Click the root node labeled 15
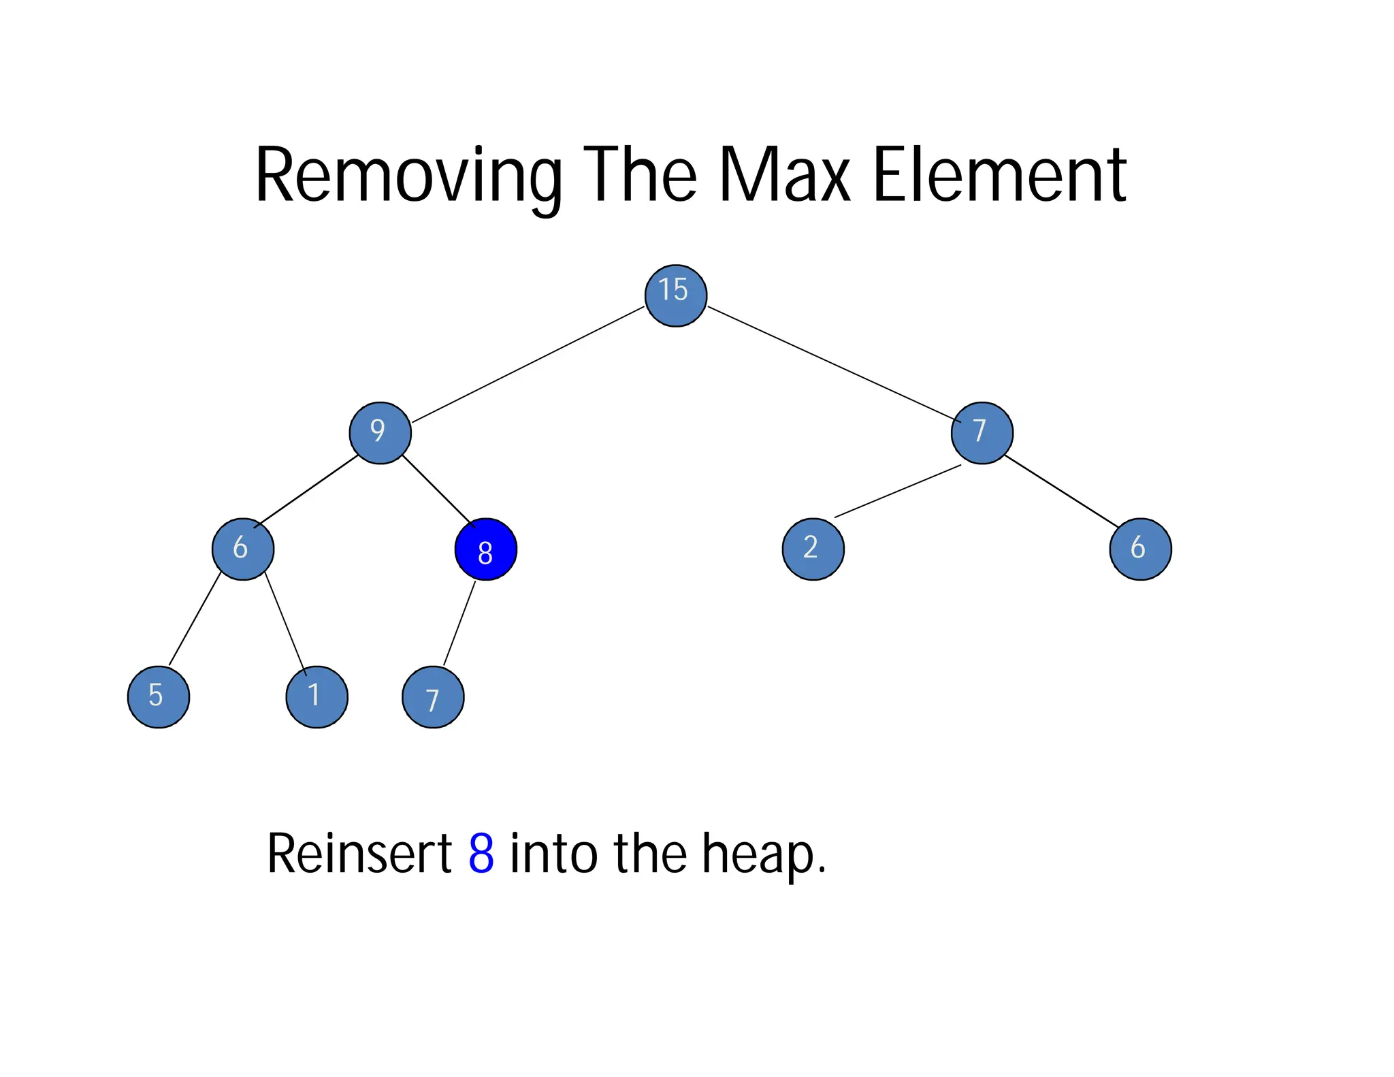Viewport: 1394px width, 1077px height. click(675, 295)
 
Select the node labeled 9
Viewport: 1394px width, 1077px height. click(380, 433)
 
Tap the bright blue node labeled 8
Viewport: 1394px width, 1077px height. click(485, 549)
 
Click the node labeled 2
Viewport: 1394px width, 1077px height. click(813, 549)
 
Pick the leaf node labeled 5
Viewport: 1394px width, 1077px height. click(159, 696)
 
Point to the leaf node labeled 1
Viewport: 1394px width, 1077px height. click(317, 696)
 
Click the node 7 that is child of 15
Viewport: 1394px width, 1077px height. click(982, 433)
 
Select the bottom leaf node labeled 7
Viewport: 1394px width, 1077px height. click(433, 697)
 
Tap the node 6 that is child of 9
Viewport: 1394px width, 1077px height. click(243, 549)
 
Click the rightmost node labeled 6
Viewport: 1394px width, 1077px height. click(1140, 549)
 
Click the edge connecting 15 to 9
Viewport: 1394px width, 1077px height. click(528, 365)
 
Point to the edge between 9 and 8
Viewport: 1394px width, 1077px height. click(438, 491)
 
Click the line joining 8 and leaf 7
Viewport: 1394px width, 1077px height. click(459, 623)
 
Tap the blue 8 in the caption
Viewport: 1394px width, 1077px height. click(481, 853)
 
